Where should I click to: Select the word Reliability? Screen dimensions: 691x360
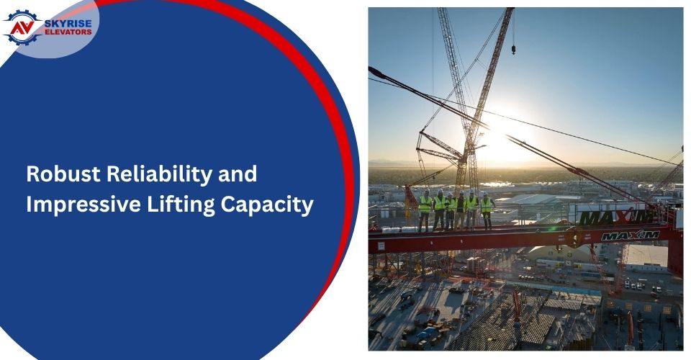[160, 175]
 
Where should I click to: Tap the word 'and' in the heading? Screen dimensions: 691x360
[238, 174]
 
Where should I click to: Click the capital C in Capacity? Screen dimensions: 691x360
[228, 204]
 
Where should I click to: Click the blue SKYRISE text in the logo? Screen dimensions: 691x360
[68, 24]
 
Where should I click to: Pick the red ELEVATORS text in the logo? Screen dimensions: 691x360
[68, 32]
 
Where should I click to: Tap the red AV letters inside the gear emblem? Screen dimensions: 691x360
[22, 28]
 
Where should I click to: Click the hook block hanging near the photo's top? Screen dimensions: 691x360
[513, 48]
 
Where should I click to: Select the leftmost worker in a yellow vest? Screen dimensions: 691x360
[425, 210]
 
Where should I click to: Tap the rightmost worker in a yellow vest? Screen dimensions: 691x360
[486, 211]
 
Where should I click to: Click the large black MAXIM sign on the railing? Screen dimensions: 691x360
[616, 217]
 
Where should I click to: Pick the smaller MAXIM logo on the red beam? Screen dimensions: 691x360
[631, 235]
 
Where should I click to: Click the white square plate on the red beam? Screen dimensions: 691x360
[381, 246]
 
